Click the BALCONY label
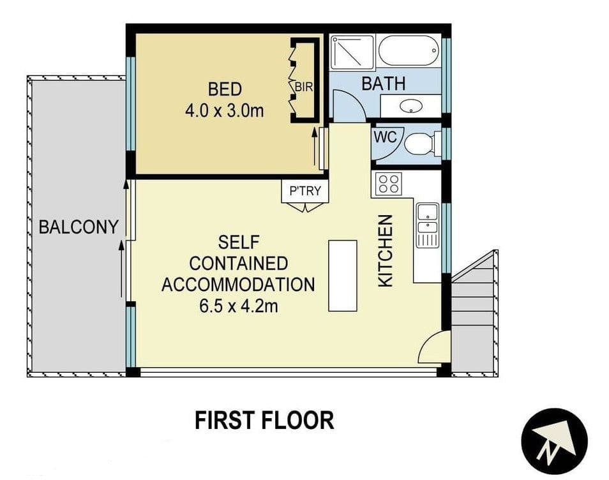[x=79, y=227]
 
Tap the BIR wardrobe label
[x=304, y=87]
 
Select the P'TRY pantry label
[x=305, y=191]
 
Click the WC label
[x=386, y=137]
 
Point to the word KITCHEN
[x=386, y=251]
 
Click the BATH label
[x=384, y=84]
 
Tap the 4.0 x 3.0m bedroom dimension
[x=224, y=111]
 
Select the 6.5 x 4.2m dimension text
[x=239, y=306]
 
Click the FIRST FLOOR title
[x=264, y=420]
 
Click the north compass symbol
[x=554, y=441]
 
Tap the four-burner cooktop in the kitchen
[x=389, y=184]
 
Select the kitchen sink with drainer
[x=428, y=225]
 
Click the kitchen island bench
[x=343, y=276]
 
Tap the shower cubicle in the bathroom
[x=352, y=52]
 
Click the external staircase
[x=474, y=315]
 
